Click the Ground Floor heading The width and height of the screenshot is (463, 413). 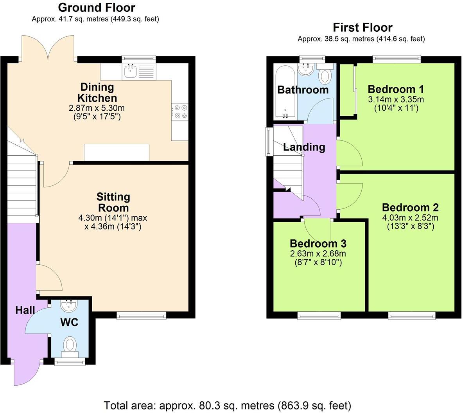point(96,7)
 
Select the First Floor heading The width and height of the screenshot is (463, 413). point(362,27)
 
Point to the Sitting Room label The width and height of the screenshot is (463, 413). point(113,202)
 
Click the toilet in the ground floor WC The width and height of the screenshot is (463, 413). point(70,345)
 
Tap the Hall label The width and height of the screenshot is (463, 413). point(25,310)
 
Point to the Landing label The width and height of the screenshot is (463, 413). point(304,147)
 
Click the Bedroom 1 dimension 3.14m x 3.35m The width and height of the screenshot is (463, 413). point(396,99)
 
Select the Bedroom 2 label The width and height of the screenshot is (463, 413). point(410,207)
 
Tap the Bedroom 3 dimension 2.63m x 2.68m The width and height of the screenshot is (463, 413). point(318,253)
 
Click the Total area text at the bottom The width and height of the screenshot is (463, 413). point(227,405)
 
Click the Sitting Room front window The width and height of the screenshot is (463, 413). point(142,315)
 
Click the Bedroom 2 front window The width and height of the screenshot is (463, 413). point(411,315)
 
